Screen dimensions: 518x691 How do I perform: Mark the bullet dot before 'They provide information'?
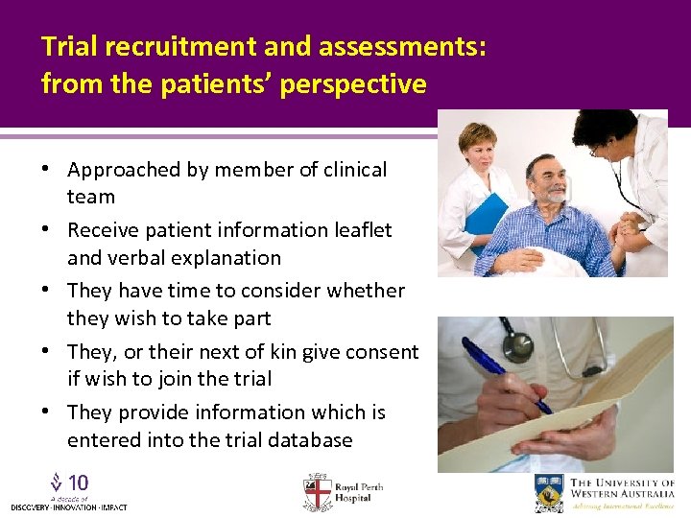coord(46,412)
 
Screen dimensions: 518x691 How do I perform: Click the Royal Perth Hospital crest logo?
coord(317,491)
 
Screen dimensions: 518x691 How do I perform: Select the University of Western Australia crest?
coord(549,492)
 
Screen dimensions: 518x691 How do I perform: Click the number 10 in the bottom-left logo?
coord(79,483)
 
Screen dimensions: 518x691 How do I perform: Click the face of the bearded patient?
coord(547,178)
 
